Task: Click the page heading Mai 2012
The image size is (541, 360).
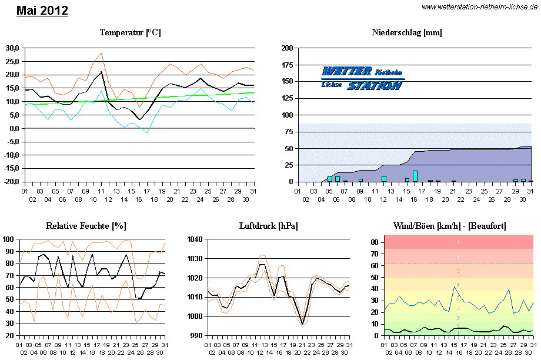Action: [x=42, y=11]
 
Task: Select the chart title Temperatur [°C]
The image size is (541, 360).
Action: [x=130, y=32]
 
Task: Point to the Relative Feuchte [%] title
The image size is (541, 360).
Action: [x=86, y=226]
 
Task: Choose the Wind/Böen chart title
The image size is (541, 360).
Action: [x=450, y=226]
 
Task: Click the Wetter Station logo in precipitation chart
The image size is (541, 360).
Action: [x=362, y=78]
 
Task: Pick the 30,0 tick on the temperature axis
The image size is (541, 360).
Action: [x=12, y=48]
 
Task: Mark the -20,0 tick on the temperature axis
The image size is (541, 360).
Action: [x=11, y=182]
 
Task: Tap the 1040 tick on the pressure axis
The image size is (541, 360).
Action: [x=194, y=239]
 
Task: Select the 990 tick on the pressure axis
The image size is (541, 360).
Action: [x=196, y=335]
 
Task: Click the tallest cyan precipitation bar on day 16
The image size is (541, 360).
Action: [x=415, y=176]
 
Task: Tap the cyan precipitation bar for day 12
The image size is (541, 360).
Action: [x=384, y=178]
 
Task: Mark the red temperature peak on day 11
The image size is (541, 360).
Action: [x=101, y=54]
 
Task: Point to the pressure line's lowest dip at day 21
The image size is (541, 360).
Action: [x=303, y=324]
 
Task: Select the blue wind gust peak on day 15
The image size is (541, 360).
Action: [x=454, y=286]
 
